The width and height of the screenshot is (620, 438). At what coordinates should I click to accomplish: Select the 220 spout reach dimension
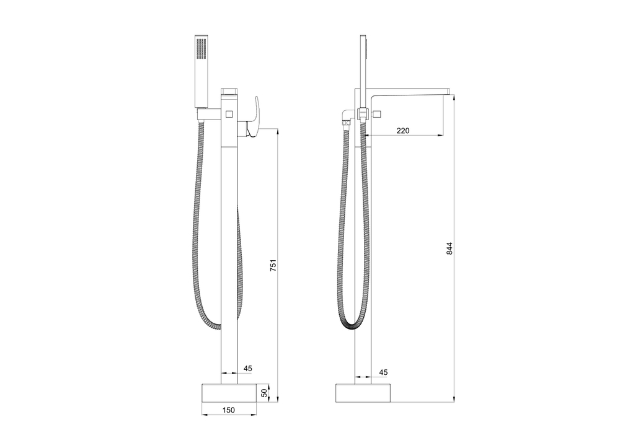point(403,130)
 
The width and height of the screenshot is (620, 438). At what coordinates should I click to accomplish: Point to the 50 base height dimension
point(263,393)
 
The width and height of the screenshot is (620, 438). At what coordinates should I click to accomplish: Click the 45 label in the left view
point(247,369)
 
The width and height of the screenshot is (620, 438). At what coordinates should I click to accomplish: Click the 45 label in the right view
point(383,372)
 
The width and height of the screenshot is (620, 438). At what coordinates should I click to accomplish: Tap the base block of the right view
point(364,393)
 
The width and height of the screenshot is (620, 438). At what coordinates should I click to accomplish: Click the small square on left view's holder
point(228,113)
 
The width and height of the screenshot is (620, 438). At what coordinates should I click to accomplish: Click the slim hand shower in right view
point(364,68)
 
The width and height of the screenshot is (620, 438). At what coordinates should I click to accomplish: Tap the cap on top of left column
point(230,91)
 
